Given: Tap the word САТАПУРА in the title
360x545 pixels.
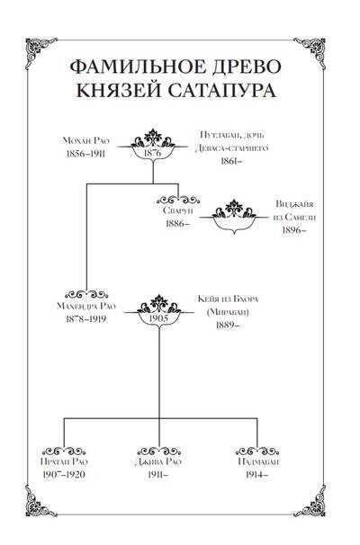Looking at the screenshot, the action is click(222, 90).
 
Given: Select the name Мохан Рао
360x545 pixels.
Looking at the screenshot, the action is click(85, 140).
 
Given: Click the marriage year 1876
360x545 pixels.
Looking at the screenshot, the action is click(153, 153).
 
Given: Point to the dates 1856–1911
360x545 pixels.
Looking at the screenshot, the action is click(85, 154).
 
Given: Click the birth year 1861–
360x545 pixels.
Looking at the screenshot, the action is click(231, 161).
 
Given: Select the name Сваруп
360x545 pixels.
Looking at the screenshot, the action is click(177, 210).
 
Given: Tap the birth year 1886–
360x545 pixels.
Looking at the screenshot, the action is click(177, 223).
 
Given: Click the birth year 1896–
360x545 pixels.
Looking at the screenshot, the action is click(294, 230).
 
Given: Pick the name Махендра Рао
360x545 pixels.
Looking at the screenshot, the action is click(85, 306).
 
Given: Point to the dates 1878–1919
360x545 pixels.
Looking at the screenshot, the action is click(85, 318).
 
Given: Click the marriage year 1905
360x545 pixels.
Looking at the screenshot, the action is click(158, 318).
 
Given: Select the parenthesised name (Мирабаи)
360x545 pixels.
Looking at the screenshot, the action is click(228, 312).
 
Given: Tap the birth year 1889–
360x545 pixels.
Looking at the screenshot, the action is click(228, 325).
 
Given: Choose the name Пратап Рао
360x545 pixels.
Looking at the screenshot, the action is click(64, 461).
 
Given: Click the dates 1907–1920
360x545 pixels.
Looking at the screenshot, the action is click(64, 475).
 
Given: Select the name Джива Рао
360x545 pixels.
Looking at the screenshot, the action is click(158, 461).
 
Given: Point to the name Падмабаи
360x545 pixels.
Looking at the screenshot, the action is click(257, 461).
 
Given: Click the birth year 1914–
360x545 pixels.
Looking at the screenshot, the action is click(256, 475).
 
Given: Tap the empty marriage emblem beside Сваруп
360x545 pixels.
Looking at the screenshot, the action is click(234, 217).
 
